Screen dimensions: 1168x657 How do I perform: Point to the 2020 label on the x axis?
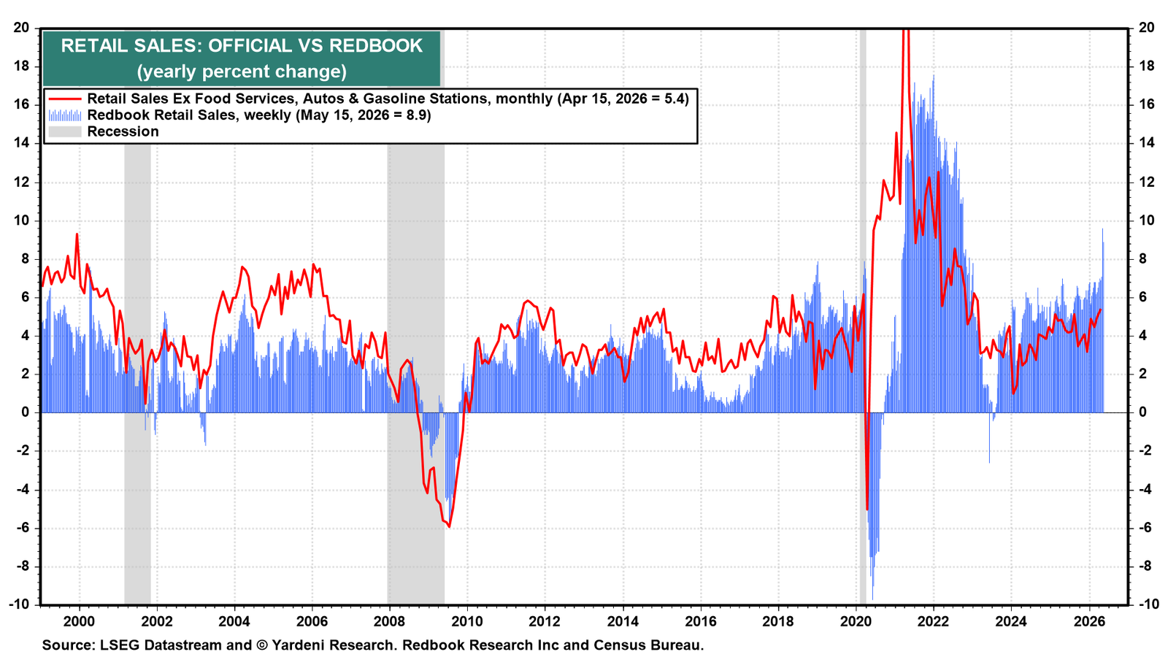(x=856, y=621)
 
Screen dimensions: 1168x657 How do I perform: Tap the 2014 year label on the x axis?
(x=623, y=621)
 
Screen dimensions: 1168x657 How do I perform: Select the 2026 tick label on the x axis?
(x=1088, y=621)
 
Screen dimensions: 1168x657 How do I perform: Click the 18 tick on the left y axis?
(x=21, y=66)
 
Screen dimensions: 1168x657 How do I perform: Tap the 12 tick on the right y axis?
(x=1146, y=182)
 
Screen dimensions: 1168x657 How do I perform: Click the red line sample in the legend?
(x=65, y=99)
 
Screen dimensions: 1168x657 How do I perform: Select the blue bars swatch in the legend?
(x=65, y=115)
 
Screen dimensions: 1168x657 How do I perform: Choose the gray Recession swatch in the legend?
(x=65, y=131)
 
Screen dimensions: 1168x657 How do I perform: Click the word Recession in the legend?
(x=123, y=131)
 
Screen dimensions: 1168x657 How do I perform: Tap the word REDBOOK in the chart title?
(x=376, y=46)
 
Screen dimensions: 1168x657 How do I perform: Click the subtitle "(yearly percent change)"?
(x=242, y=72)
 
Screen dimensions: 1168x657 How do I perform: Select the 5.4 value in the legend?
(x=675, y=99)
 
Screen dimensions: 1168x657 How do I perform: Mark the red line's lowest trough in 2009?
(x=449, y=526)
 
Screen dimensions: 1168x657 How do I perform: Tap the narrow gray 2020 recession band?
(x=862, y=317)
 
